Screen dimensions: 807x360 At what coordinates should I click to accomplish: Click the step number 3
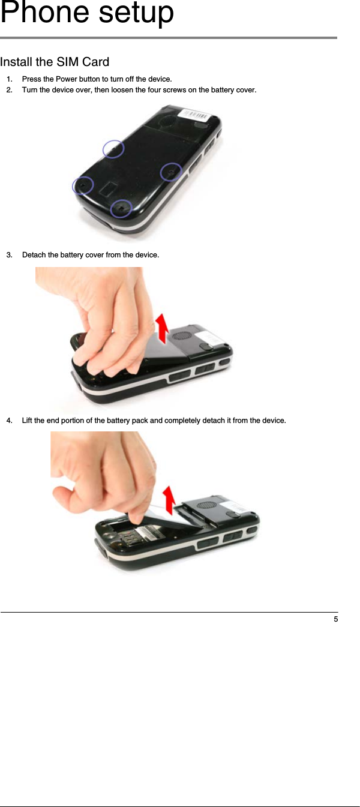[9, 255]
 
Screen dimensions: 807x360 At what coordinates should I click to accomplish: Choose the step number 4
[9, 420]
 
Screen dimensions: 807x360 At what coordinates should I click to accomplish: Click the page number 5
[335, 619]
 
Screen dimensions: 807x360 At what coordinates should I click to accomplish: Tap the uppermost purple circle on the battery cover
[113, 148]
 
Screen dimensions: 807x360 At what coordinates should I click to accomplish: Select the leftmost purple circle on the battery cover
[83, 185]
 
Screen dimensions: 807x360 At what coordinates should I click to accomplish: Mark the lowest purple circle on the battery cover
[122, 208]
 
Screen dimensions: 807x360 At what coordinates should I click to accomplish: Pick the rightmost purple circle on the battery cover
[171, 172]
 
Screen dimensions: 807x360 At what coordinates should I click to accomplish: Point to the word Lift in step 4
[28, 420]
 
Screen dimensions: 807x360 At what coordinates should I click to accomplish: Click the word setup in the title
[136, 13]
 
